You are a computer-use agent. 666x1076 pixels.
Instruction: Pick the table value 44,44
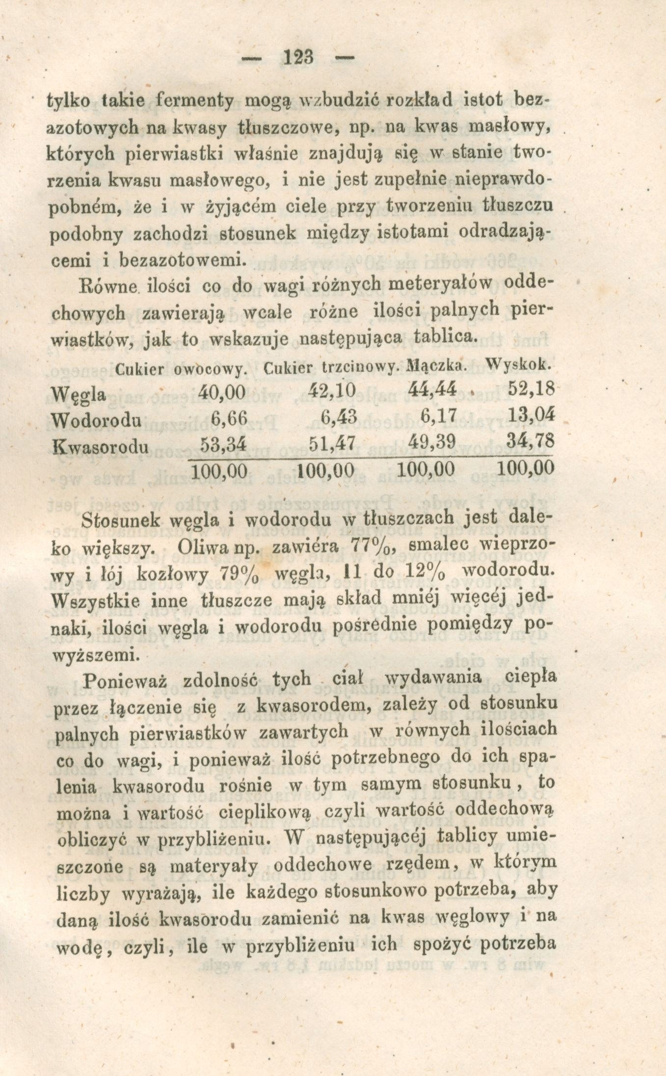point(432,390)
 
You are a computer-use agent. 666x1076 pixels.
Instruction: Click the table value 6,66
point(228,418)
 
